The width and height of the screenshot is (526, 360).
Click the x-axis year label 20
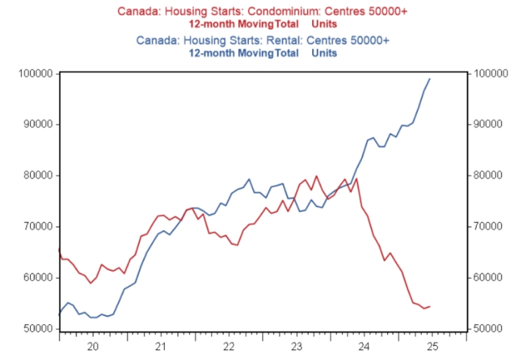(x=93, y=347)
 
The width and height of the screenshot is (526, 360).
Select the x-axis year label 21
(x=161, y=347)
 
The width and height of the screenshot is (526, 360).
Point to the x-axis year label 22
(x=229, y=347)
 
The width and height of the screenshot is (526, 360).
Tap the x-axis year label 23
(x=297, y=347)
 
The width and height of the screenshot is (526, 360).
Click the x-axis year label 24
(x=364, y=347)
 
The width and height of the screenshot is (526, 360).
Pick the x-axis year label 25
(x=432, y=347)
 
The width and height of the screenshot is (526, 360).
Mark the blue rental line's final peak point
(x=430, y=79)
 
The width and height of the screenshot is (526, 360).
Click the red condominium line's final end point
(x=430, y=306)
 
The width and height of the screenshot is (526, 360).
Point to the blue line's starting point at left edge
(x=60, y=313)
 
